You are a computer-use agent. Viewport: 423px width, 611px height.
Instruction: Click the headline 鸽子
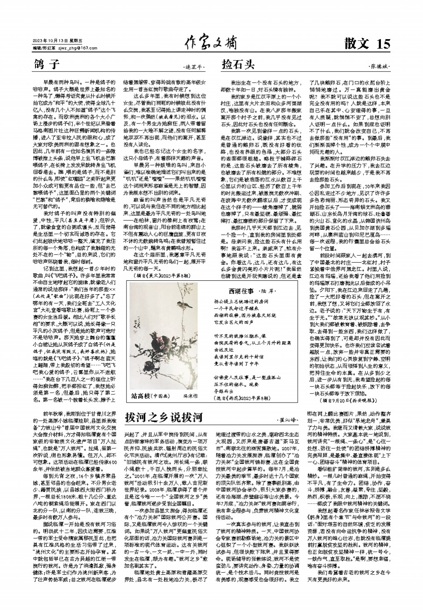[48, 65]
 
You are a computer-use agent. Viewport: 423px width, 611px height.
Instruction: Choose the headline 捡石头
[238, 65]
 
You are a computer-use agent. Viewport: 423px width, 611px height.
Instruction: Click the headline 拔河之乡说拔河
[164, 417]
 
